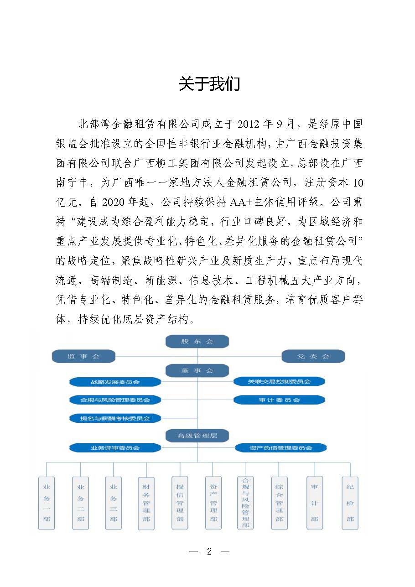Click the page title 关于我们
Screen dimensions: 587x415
coord(209,84)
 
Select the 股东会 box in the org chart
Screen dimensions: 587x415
coord(197,341)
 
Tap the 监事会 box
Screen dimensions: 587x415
coord(83,356)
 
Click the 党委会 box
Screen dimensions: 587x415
coord(313,356)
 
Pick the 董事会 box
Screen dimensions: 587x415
coord(197,371)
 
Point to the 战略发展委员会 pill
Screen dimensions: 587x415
coord(115,381)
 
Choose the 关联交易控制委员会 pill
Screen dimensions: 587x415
coord(279,381)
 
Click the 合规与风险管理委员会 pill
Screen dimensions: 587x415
coord(115,400)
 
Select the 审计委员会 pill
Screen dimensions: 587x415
coord(279,400)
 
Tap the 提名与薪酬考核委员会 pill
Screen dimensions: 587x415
coord(115,418)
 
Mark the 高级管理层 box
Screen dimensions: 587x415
coord(197,436)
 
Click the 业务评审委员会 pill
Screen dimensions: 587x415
coord(115,448)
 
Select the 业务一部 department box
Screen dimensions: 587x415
coord(47,503)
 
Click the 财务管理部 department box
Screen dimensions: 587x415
coord(146,503)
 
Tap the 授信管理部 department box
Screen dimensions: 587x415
coord(180,503)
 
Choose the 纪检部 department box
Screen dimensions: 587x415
coord(350,503)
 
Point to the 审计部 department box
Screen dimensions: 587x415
coord(315,503)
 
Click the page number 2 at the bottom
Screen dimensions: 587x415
coord(209,551)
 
